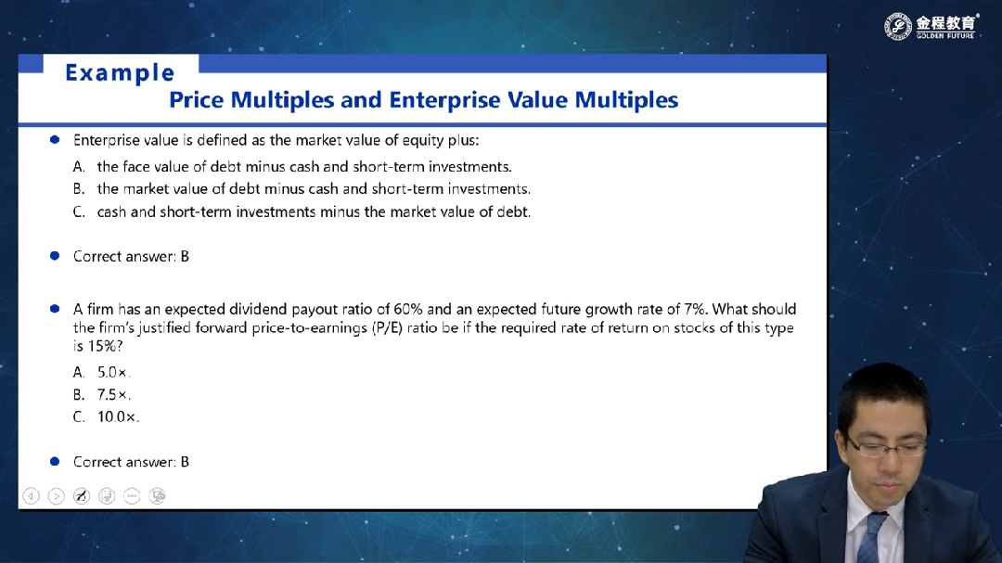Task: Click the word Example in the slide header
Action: tap(120, 73)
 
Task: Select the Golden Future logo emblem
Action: tap(898, 26)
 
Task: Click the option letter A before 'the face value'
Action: tap(79, 167)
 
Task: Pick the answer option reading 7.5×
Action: tap(113, 395)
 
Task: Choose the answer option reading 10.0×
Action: tap(118, 417)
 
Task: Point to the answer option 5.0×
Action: tap(113, 373)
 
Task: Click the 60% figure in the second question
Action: tap(408, 309)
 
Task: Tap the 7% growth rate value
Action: tap(695, 309)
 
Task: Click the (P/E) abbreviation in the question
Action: tap(387, 327)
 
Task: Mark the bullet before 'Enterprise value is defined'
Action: tap(55, 139)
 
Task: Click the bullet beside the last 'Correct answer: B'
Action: tap(55, 461)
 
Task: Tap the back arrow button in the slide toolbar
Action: tap(31, 496)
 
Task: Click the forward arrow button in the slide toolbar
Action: tap(57, 496)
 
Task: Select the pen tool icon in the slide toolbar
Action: tap(81, 496)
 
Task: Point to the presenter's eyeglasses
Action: tap(887, 447)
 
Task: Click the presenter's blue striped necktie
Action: tap(870, 538)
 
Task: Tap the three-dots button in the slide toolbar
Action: tap(132, 496)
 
